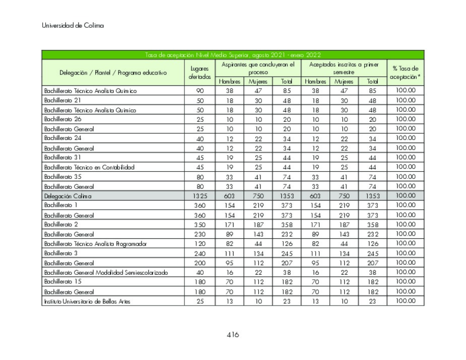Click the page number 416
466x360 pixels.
(x=232, y=335)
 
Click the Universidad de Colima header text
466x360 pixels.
(x=73, y=26)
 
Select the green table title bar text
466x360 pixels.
(x=233, y=55)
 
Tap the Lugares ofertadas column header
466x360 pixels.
(x=199, y=73)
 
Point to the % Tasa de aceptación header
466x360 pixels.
(x=405, y=73)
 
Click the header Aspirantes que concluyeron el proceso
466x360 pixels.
(x=258, y=68)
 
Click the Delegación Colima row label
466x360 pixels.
(x=68, y=196)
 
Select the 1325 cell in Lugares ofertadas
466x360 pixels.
(x=199, y=196)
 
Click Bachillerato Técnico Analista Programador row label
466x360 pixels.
(x=95, y=244)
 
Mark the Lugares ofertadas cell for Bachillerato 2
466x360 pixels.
(x=199, y=225)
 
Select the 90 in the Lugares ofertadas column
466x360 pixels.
(x=199, y=91)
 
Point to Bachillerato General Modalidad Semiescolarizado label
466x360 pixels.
(x=106, y=273)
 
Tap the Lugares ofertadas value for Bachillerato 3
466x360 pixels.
(x=199, y=253)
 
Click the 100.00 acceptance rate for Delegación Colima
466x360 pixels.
(x=405, y=196)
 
